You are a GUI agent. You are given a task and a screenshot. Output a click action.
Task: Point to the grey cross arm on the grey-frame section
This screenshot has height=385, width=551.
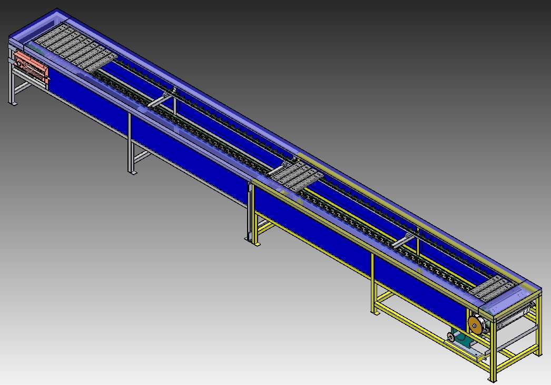click(x=161, y=101)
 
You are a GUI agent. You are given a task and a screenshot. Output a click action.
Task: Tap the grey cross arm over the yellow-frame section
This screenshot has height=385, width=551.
click(x=404, y=240)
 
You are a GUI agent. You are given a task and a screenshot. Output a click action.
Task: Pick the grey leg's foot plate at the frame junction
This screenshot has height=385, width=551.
click(x=248, y=239)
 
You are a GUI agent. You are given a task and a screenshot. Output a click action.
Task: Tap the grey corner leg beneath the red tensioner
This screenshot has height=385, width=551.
click(x=12, y=79)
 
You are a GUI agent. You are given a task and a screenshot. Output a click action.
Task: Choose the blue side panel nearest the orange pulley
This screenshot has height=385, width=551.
click(x=421, y=295)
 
